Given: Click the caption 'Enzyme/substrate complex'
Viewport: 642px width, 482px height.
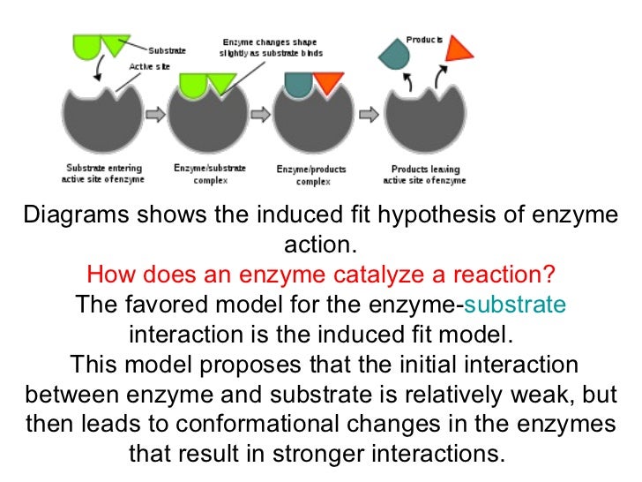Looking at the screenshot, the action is point(210,174).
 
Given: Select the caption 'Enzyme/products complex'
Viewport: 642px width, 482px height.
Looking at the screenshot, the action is point(311,175).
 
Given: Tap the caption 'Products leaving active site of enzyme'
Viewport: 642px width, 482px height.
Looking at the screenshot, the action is point(425,174).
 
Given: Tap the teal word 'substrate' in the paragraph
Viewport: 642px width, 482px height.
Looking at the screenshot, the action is point(515,305).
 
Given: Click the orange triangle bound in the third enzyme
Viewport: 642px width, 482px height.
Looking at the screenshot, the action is point(327,83).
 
